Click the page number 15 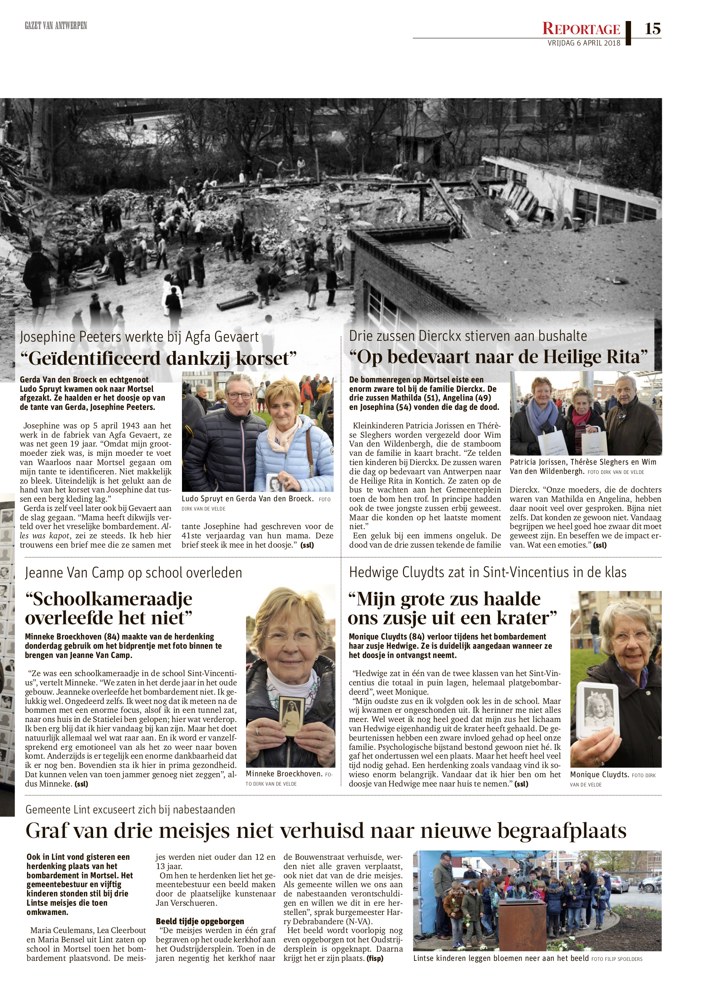click(652, 29)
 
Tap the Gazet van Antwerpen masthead click(56, 26)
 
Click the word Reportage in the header click(581, 29)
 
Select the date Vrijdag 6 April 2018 click(584, 43)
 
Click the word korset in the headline click(265, 358)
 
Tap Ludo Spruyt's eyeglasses click(239, 396)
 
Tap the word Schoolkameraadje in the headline click(109, 599)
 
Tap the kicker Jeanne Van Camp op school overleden click(133, 572)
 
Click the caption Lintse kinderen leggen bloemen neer click(501, 958)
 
